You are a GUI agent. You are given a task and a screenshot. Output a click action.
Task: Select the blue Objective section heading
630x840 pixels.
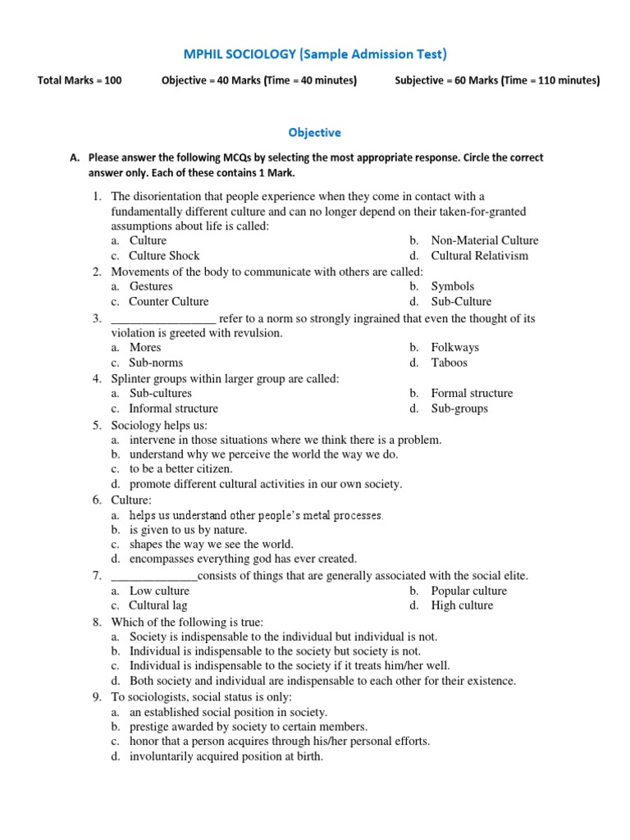click(314, 132)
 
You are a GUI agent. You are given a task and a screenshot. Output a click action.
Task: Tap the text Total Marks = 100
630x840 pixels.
click(80, 80)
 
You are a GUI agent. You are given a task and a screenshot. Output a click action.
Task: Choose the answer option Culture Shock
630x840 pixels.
click(164, 255)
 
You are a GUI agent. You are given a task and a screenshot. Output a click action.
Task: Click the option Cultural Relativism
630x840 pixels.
click(479, 255)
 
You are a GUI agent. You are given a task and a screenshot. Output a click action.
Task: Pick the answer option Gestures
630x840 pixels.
click(151, 286)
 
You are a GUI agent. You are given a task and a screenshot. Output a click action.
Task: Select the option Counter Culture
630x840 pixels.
click(169, 301)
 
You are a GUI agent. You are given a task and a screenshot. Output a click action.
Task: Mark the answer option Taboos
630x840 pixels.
click(449, 363)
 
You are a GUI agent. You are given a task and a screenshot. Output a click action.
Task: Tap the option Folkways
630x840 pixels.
click(454, 348)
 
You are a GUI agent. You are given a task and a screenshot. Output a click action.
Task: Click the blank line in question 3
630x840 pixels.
click(163, 319)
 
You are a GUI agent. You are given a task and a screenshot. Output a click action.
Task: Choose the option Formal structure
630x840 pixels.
click(472, 393)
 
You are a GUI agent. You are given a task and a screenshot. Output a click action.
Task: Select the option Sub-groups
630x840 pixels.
click(459, 409)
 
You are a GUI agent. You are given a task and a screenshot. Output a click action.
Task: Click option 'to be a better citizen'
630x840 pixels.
click(180, 469)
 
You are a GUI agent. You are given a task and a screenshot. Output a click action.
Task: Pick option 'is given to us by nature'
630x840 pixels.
click(188, 530)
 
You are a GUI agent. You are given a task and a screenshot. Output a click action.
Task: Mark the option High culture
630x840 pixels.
click(462, 605)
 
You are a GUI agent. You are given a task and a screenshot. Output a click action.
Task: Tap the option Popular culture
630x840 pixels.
click(468, 591)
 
